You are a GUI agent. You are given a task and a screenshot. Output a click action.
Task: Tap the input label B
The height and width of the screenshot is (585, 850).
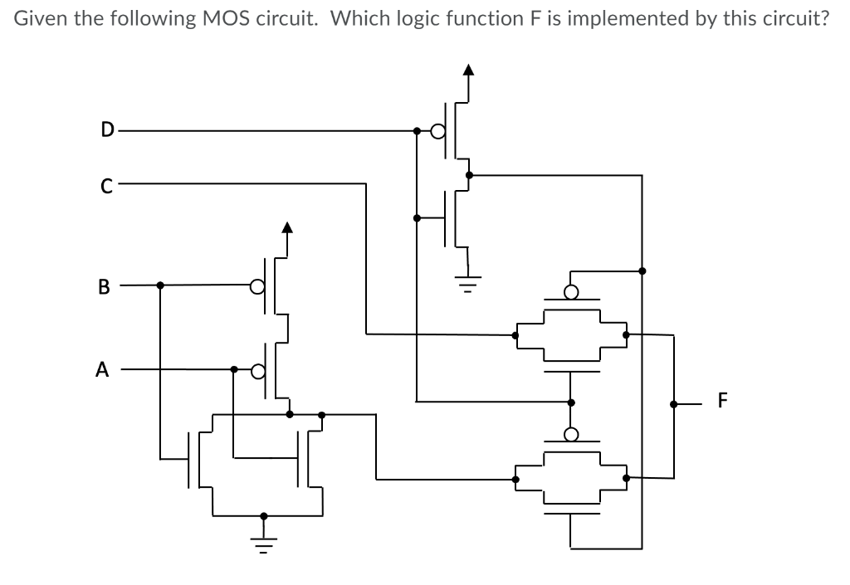pyautogui.click(x=103, y=288)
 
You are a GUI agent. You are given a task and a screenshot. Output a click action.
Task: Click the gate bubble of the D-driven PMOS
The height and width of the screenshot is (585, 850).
pyautogui.click(x=437, y=130)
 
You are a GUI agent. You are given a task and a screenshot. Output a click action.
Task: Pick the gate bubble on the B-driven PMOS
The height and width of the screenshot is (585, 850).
pyautogui.click(x=257, y=286)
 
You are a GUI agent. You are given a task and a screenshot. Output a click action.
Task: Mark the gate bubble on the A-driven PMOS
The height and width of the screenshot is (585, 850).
pyautogui.click(x=257, y=369)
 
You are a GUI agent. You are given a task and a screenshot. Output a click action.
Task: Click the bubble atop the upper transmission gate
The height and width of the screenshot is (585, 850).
pyautogui.click(x=571, y=291)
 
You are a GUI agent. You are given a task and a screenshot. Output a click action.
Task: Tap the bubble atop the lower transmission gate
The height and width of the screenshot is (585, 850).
pyautogui.click(x=571, y=434)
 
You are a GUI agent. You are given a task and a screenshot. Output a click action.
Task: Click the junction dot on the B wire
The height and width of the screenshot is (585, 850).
pyautogui.click(x=160, y=285)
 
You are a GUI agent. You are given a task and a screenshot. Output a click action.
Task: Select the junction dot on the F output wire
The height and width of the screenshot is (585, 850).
pyautogui.click(x=674, y=405)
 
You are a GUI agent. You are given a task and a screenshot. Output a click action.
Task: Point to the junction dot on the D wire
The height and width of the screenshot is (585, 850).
pyautogui.click(x=417, y=130)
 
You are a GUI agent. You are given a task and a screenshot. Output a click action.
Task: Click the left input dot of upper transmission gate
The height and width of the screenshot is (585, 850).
pyautogui.click(x=515, y=335)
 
